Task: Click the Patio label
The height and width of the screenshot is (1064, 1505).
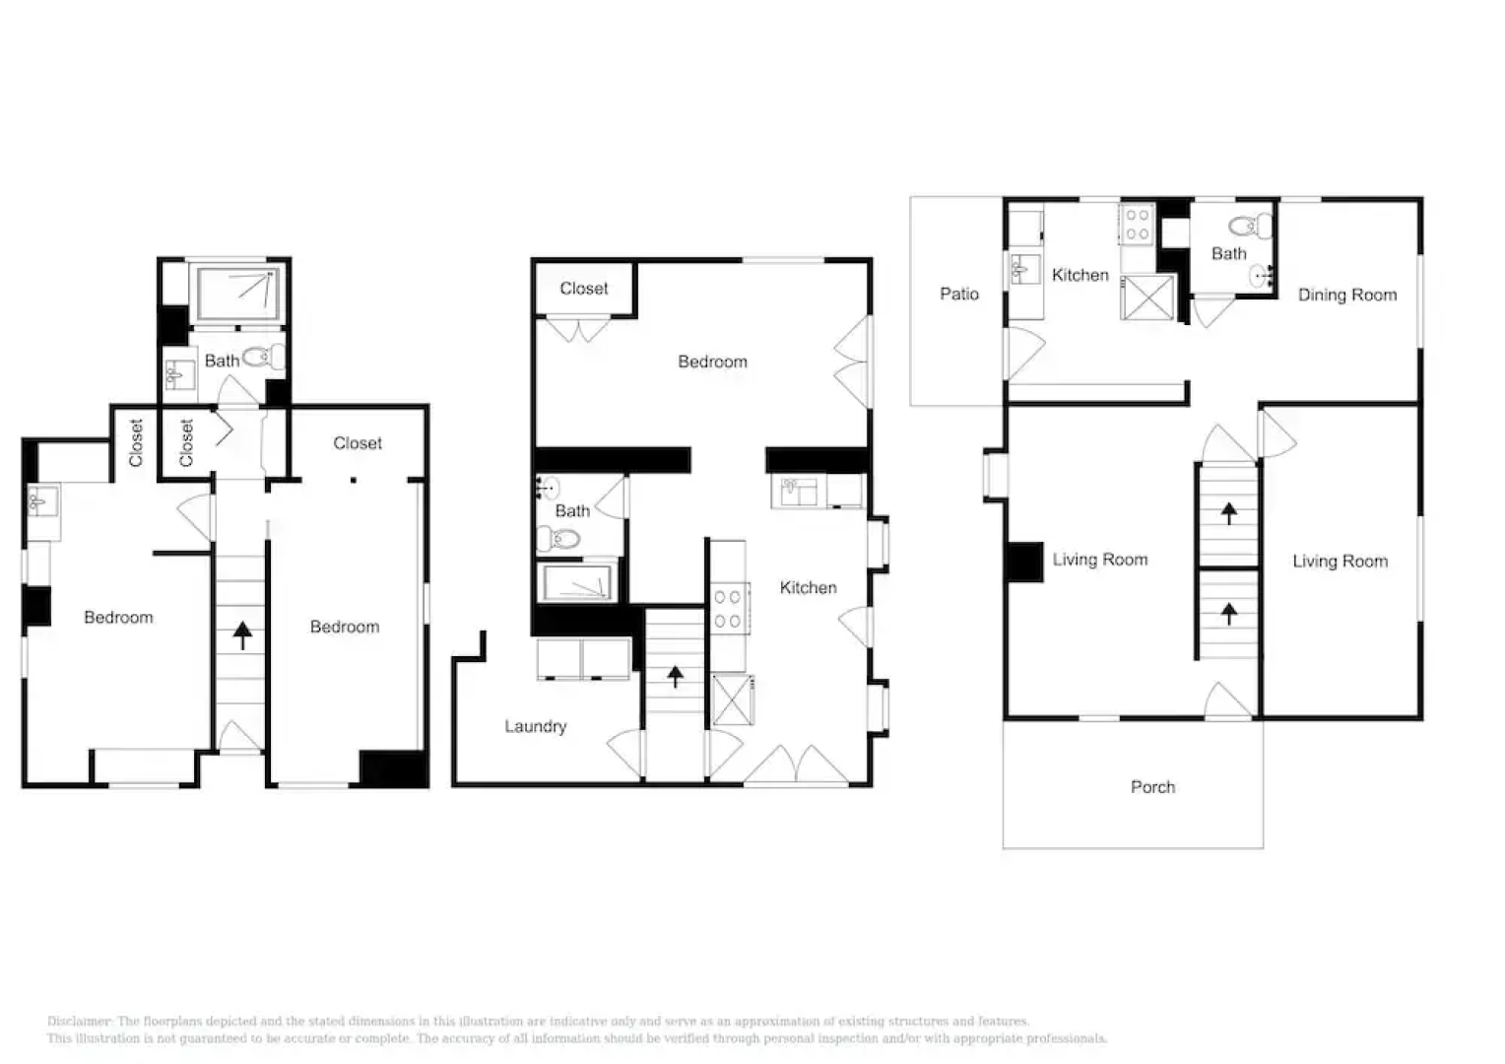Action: click(x=958, y=294)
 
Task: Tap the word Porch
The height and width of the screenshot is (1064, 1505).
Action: click(x=1152, y=787)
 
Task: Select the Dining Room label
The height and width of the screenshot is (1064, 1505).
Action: click(x=1346, y=295)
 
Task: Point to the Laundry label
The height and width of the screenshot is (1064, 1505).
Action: click(x=535, y=726)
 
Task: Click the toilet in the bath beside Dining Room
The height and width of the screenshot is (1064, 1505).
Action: click(x=1250, y=228)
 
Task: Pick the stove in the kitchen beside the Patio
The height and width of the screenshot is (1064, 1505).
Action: click(x=1137, y=224)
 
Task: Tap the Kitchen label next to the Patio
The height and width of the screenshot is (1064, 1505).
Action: click(x=1080, y=275)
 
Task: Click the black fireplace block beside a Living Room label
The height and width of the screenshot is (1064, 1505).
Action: click(x=1025, y=562)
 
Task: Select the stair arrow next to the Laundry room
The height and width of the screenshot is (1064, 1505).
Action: click(x=675, y=677)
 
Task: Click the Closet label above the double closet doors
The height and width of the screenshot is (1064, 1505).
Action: click(x=584, y=289)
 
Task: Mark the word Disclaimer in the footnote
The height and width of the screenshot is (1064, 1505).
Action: click(x=80, y=1022)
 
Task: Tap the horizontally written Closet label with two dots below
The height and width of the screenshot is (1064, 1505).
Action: click(x=357, y=443)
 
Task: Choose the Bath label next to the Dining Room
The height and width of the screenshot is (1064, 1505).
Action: click(x=1228, y=253)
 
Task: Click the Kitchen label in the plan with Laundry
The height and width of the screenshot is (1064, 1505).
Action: click(x=808, y=587)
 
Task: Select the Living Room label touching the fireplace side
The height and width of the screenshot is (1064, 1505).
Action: click(x=1099, y=560)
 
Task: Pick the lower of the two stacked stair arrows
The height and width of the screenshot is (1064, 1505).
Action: click(x=1228, y=614)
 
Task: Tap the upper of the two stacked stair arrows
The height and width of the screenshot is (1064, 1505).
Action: click(x=1228, y=512)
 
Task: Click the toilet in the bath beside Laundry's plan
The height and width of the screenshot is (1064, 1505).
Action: click(x=558, y=538)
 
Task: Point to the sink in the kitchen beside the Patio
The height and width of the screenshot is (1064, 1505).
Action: click(x=1026, y=267)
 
